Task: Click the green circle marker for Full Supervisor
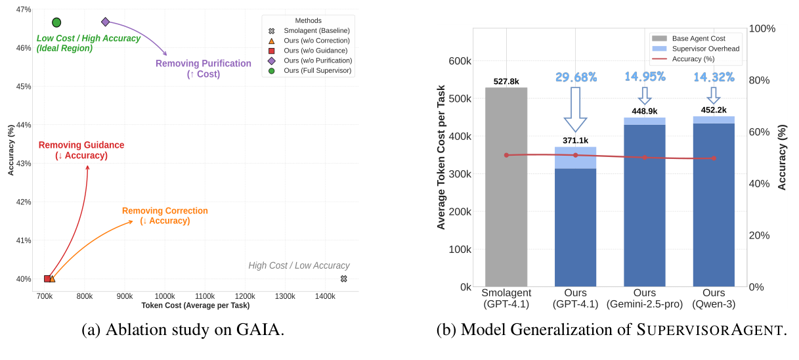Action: click(x=56, y=22)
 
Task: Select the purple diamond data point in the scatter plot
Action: click(x=106, y=22)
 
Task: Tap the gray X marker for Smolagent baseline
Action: click(x=343, y=279)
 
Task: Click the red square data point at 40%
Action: click(x=47, y=279)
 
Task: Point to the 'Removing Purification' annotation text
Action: click(x=203, y=68)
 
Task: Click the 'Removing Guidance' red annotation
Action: click(x=81, y=150)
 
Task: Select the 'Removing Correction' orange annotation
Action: click(x=165, y=215)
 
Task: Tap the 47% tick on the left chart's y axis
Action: click(x=23, y=10)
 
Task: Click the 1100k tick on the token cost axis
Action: click(x=205, y=297)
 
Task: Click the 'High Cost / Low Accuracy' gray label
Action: click(x=299, y=265)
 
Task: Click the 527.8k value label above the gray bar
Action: click(x=506, y=81)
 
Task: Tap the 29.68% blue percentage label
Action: click(x=576, y=78)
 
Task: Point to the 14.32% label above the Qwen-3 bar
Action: click(x=714, y=78)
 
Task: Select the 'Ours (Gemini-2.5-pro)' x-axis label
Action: click(x=644, y=298)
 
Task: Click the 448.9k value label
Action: click(x=644, y=111)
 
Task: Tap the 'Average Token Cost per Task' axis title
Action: click(x=441, y=157)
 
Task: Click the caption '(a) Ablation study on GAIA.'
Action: click(x=183, y=330)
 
